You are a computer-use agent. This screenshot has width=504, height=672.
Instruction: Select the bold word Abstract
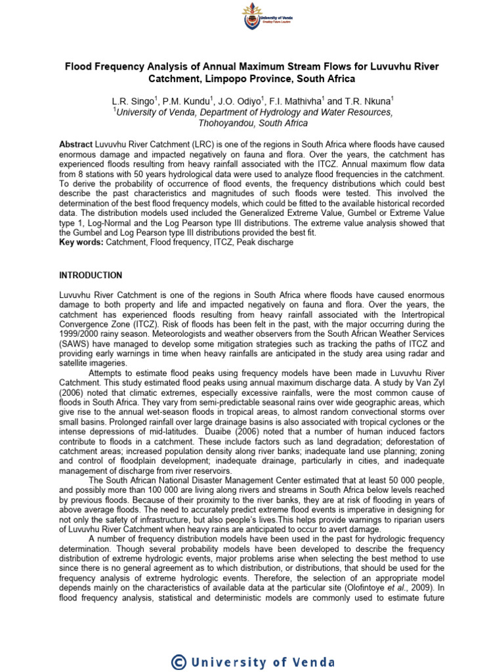(75, 144)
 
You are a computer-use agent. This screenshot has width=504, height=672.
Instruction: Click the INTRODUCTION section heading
(91, 275)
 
